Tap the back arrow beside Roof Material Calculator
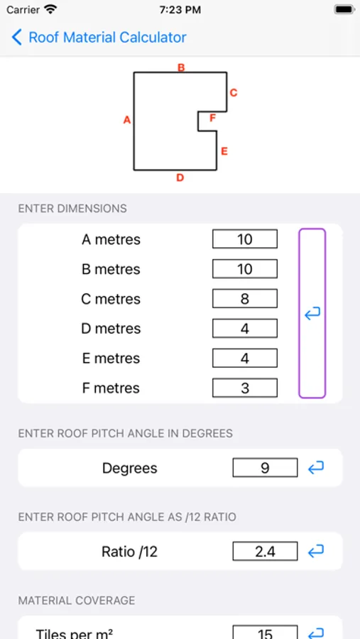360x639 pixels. tap(17, 38)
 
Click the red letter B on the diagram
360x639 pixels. tap(181, 67)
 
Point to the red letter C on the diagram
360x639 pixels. tap(233, 93)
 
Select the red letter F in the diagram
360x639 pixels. tap(212, 118)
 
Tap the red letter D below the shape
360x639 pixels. tap(180, 177)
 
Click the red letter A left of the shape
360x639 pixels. tap(127, 120)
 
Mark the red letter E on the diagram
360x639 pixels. tap(224, 152)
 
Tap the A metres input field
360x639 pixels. tap(245, 239)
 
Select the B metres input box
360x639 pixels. tap(245, 269)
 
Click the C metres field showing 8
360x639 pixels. tap(245, 299)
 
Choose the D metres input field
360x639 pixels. tap(245, 329)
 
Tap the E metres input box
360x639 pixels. tap(245, 359)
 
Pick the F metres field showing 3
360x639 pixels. tap(245, 388)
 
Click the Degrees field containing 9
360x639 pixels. tap(265, 467)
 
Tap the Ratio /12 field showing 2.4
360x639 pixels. tap(265, 552)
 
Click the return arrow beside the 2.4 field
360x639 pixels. tap(316, 552)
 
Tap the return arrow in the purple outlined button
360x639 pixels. tap(312, 313)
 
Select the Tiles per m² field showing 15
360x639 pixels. tap(265, 633)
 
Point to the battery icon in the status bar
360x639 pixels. tap(344, 10)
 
